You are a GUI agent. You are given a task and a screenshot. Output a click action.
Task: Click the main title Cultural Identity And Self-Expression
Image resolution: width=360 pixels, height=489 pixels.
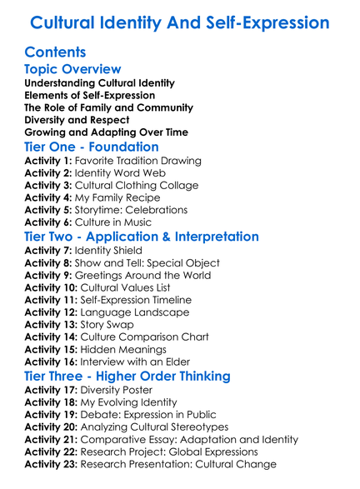tap(179, 22)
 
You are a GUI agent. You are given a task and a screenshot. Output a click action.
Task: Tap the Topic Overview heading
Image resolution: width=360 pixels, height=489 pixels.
tap(73, 69)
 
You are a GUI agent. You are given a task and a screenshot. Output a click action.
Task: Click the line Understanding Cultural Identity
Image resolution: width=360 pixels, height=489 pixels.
tap(99, 83)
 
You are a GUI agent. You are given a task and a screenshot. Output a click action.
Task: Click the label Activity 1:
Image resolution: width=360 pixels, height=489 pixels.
tap(49, 161)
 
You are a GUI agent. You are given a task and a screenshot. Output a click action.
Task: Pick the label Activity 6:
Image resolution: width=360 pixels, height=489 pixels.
tap(49, 223)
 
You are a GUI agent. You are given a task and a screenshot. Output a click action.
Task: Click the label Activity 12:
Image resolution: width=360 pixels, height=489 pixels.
tap(52, 313)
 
